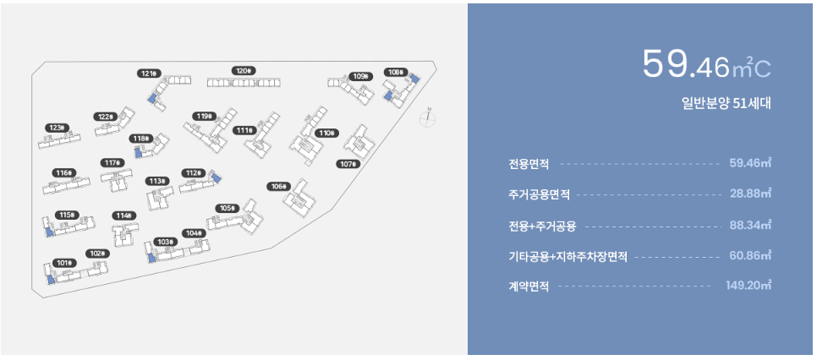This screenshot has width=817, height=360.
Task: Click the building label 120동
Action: (243, 71)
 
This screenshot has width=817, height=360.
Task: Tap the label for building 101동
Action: (64, 263)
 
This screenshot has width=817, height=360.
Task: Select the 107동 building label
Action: (347, 164)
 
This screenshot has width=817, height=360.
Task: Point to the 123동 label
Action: (56, 128)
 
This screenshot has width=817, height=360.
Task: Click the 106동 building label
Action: (278, 187)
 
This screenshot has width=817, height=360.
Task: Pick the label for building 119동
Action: (204, 116)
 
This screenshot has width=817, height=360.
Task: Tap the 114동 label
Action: (123, 215)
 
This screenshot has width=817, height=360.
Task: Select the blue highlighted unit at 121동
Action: (152, 99)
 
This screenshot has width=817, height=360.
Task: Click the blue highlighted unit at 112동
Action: (216, 178)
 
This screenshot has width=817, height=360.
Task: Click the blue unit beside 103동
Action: (151, 258)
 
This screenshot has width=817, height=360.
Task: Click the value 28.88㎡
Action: (750, 194)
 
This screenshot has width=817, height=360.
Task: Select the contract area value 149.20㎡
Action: (748, 285)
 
